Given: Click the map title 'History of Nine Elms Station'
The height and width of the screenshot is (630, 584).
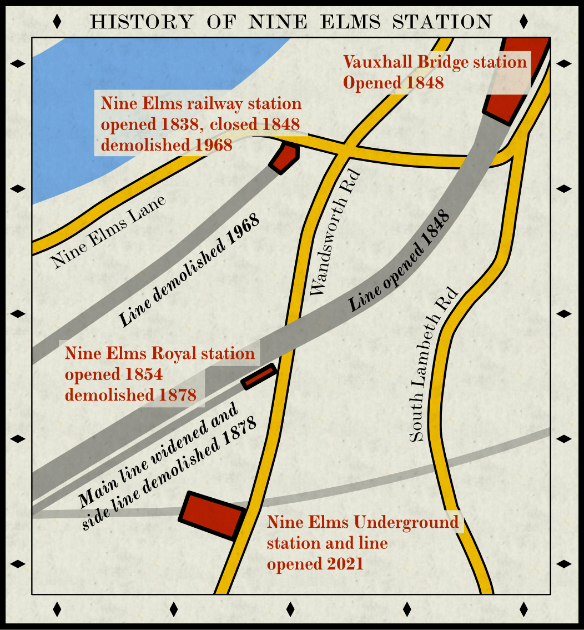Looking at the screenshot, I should (291, 22).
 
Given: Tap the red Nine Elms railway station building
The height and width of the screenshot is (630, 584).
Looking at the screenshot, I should (285, 157).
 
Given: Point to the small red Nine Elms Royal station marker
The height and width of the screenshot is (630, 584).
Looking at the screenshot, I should (259, 376).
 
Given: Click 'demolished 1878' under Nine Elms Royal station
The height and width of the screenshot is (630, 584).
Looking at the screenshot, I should (130, 396).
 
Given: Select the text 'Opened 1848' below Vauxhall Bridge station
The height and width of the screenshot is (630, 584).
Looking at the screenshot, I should (394, 83).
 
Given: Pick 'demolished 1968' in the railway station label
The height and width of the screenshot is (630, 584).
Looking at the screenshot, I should (166, 146).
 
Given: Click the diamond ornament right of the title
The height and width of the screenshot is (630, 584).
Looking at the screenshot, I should (523, 22).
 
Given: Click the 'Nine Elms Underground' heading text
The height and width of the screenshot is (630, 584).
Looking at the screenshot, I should (363, 523).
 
